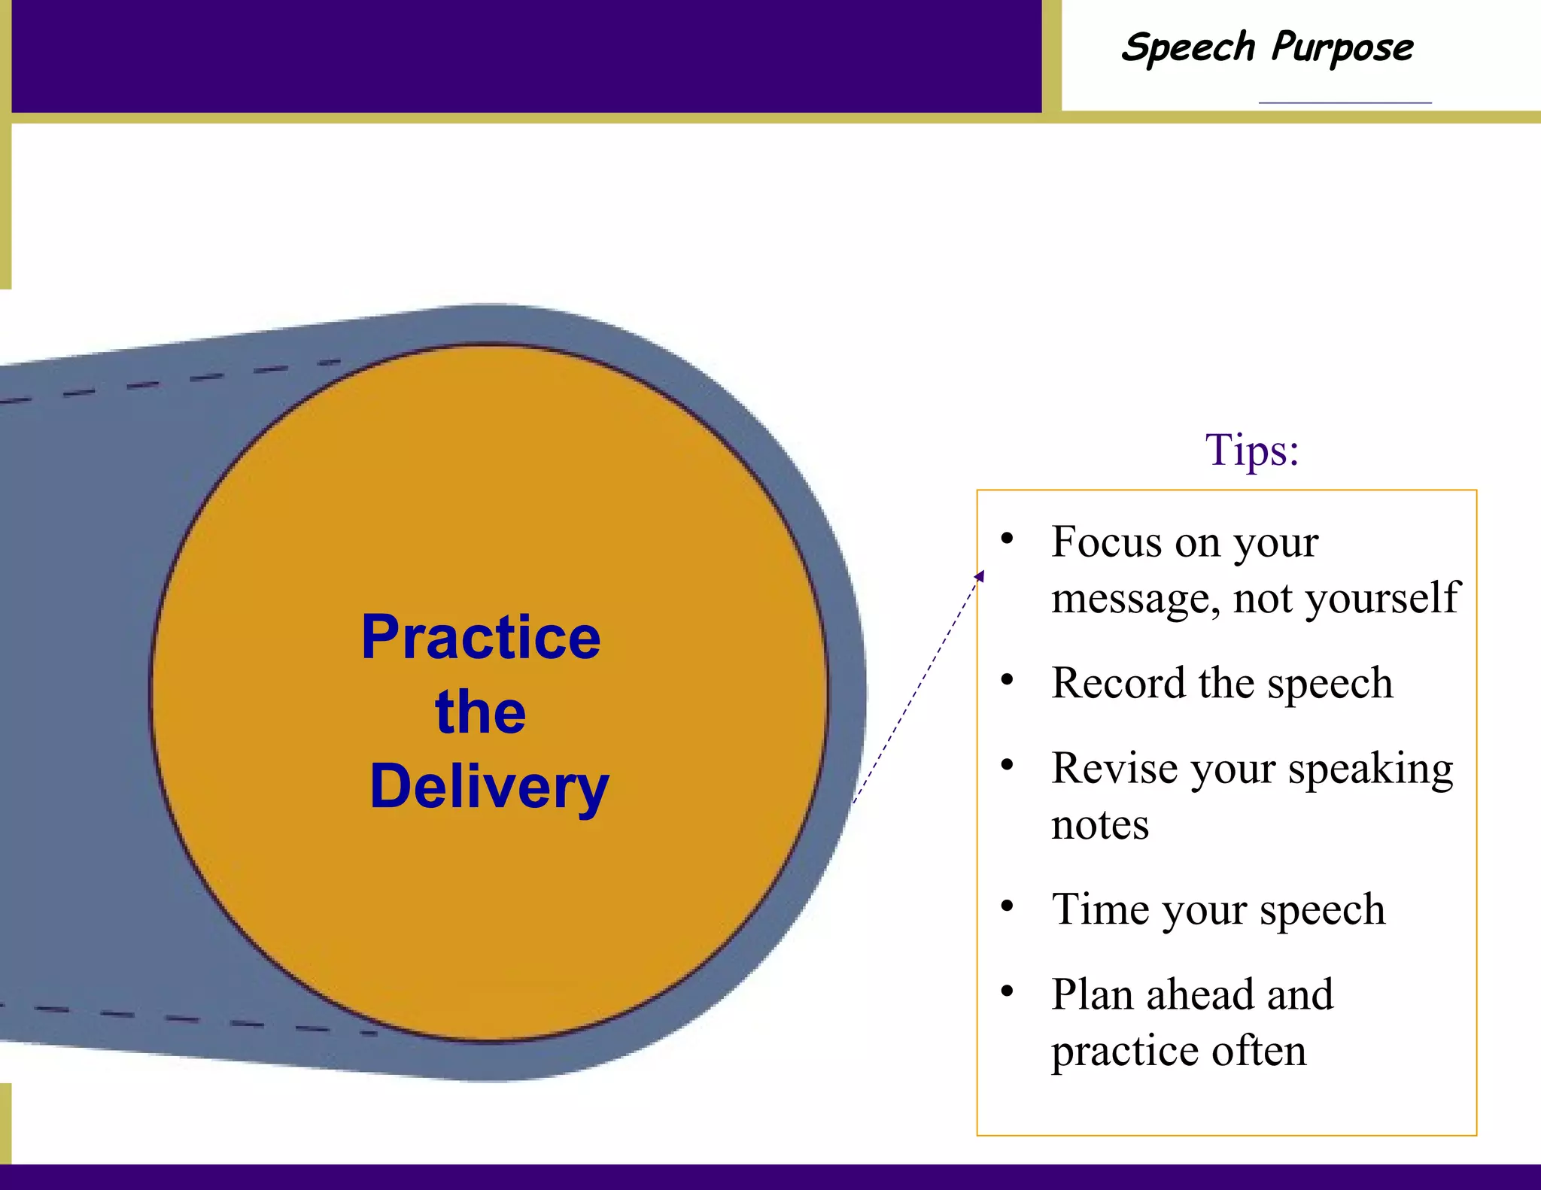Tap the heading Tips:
[x=1252, y=450]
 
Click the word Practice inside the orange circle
[x=481, y=638]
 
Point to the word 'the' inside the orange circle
[x=480, y=712]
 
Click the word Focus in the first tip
[x=1105, y=542]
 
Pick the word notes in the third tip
[x=1099, y=825]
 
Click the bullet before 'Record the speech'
[x=1007, y=680]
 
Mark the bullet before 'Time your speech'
[x=1007, y=906]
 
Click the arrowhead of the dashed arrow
[x=980, y=575]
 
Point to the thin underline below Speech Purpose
[x=1345, y=102]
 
